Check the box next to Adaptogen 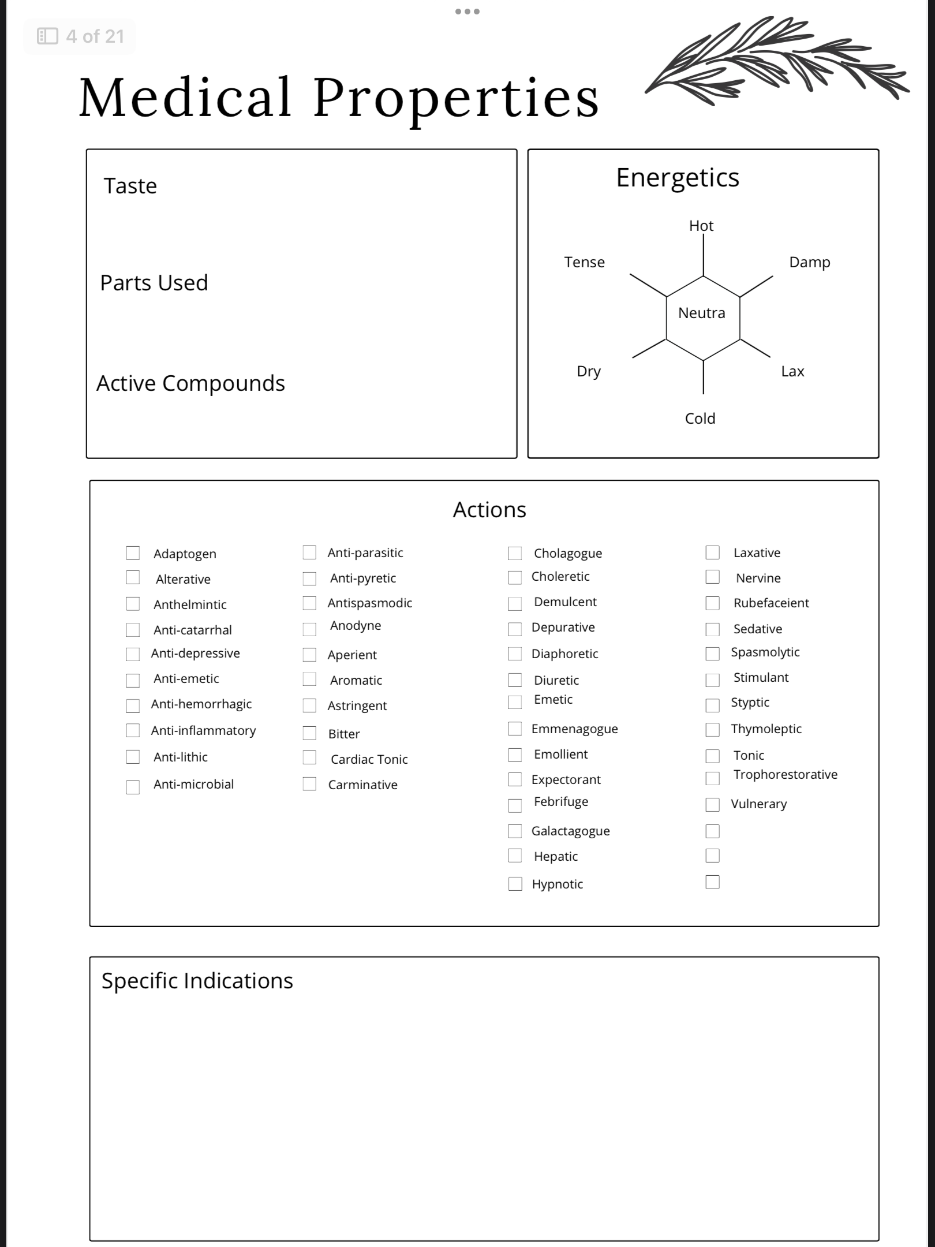tap(133, 553)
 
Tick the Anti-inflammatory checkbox tap(133, 730)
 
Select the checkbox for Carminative tap(309, 784)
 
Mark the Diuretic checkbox tap(515, 680)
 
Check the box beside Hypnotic tap(515, 884)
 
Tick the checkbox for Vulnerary tap(713, 804)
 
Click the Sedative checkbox tap(713, 629)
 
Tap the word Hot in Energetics tap(701, 226)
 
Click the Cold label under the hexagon tap(700, 419)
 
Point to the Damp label tap(809, 262)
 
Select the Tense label tap(584, 262)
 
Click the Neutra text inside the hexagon tap(701, 313)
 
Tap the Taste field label tap(130, 186)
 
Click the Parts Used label tap(154, 283)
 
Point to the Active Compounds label tap(190, 383)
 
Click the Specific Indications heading tap(197, 981)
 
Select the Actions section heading tap(489, 510)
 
